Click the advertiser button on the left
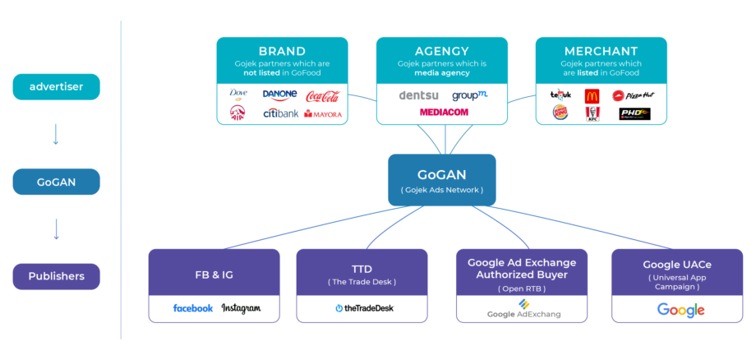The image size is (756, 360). tap(56, 86)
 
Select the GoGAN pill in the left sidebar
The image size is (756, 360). tap(56, 182)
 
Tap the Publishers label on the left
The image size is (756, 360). tap(56, 276)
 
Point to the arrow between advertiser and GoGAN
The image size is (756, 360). tap(56, 134)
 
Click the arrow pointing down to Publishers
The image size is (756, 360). tap(56, 228)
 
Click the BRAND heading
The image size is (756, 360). tap(282, 51)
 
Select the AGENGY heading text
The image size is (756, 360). tap(442, 51)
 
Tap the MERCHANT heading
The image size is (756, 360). tap(601, 51)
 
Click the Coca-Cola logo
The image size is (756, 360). tap(323, 96)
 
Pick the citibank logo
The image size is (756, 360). tap(281, 113)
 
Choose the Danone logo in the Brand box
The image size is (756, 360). tap(279, 95)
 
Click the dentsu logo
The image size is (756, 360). tap(418, 95)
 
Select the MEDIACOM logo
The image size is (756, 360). tap(444, 112)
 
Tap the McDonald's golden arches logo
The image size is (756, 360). tap(592, 95)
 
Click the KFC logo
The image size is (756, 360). tap(592, 114)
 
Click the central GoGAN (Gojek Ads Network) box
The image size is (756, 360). tap(442, 180)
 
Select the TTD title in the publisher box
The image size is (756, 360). tap(362, 269)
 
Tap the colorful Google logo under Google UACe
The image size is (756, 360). tap(680, 309)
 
